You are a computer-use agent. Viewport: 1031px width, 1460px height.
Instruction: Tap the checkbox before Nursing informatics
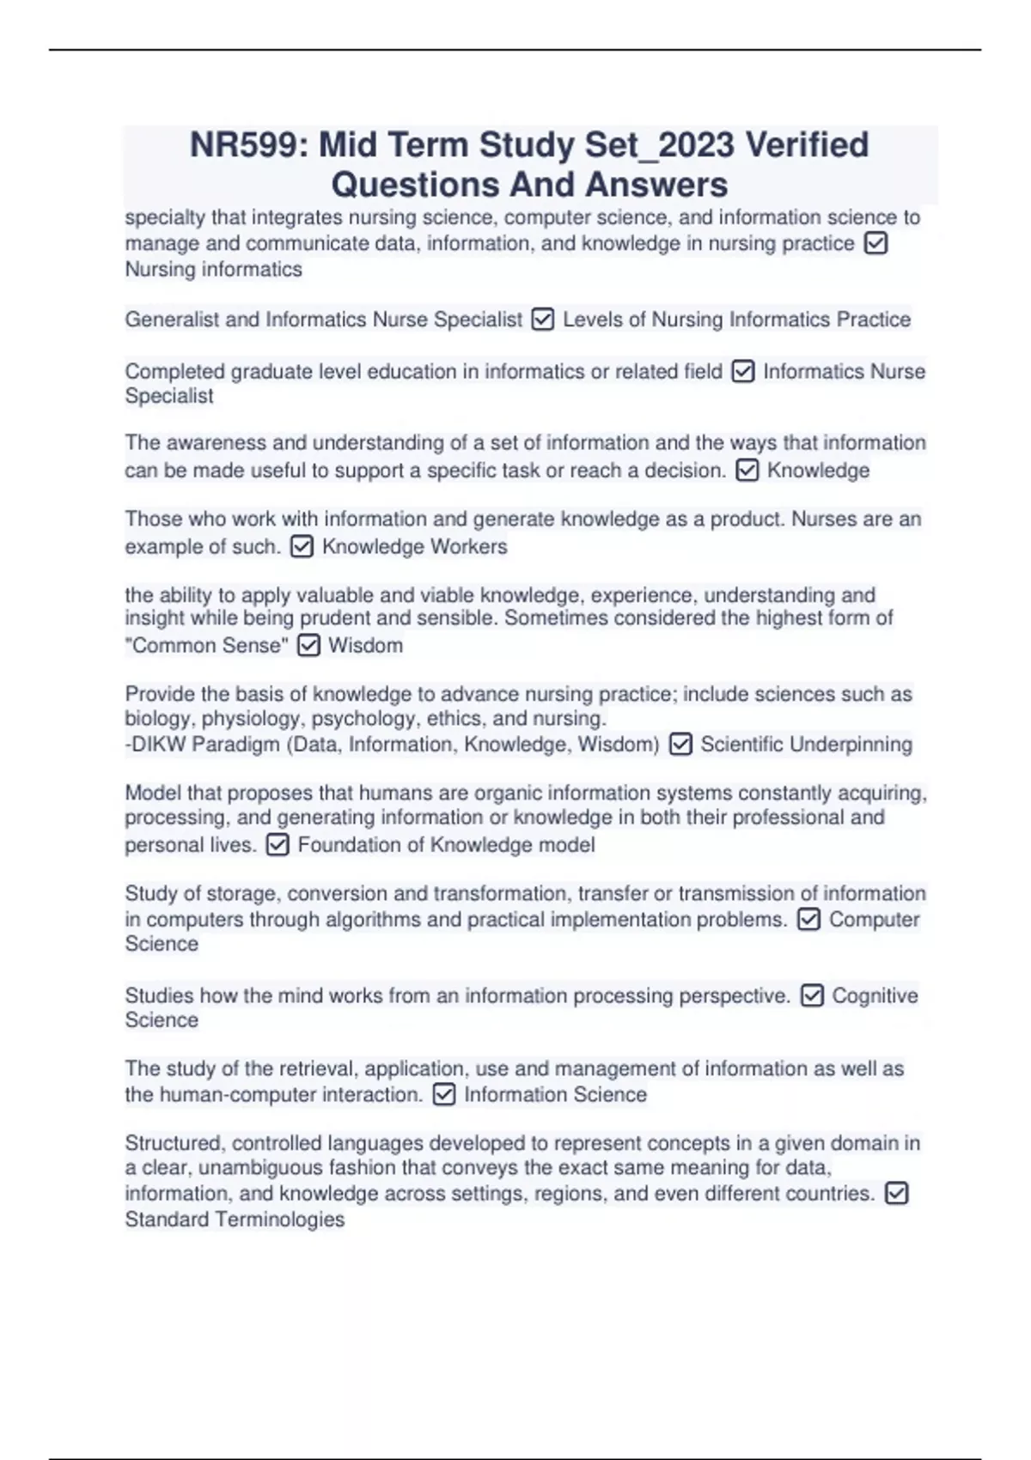(875, 244)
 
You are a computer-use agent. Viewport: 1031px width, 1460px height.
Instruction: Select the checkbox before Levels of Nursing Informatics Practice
(542, 320)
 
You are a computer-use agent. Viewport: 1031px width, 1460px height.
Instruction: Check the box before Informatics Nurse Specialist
(742, 372)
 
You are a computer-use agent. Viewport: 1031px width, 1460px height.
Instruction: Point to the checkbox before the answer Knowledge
(747, 471)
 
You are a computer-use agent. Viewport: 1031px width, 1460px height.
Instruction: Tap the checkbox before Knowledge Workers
(302, 547)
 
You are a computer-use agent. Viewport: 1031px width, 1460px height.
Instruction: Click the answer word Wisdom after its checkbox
(365, 646)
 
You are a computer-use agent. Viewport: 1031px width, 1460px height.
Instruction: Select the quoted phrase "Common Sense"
(206, 646)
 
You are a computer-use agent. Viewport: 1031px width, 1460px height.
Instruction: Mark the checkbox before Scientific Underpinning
(680, 745)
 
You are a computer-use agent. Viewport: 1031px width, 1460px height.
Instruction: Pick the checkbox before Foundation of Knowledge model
(277, 845)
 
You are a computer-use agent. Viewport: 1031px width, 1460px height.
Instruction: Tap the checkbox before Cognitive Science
(811, 996)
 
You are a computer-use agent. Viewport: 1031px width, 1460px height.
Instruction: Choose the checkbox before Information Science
(443, 1095)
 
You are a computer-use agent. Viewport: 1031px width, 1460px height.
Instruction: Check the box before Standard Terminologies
(895, 1194)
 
